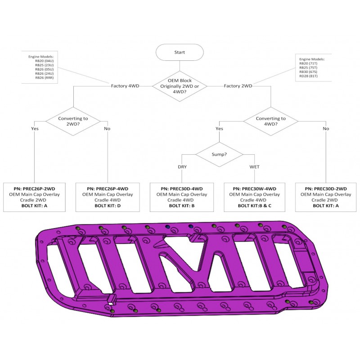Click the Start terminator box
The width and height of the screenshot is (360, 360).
[180, 52]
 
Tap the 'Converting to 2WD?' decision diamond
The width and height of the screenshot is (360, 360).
[73, 121]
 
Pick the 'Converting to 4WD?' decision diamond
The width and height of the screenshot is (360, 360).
[271, 121]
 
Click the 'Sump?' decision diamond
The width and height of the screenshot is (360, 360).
[219, 154]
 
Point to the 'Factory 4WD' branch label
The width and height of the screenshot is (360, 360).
[125, 86]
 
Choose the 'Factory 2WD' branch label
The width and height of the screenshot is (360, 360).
[238, 86]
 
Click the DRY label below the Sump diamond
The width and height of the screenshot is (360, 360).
[182, 166]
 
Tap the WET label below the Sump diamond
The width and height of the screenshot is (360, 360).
[254, 166]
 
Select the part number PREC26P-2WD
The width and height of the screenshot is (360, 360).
[39, 189]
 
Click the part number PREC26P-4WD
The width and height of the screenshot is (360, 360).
[112, 189]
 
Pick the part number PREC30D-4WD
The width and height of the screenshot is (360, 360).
[186, 189]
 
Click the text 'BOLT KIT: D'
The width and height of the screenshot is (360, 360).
[108, 206]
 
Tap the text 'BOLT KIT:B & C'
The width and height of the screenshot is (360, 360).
[254, 206]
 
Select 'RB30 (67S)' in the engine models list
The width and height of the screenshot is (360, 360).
[308, 72]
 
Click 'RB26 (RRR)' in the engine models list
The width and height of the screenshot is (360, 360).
[44, 77]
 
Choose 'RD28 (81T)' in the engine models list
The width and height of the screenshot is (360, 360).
[308, 76]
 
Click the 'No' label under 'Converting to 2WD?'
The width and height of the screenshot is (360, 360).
[107, 129]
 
